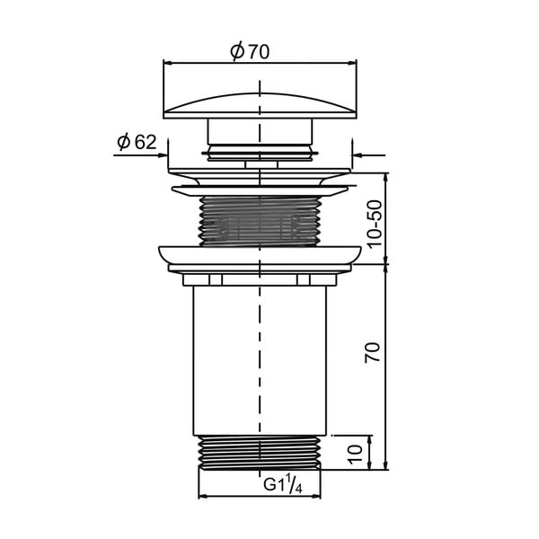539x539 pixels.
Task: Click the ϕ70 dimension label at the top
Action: click(x=249, y=52)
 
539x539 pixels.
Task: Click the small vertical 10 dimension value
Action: click(x=356, y=451)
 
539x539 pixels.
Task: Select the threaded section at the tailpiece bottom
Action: click(x=260, y=453)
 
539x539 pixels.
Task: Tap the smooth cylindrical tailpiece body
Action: click(x=225, y=359)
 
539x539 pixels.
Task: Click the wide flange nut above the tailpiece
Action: click(x=260, y=256)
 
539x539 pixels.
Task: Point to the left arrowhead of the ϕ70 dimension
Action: click(x=167, y=63)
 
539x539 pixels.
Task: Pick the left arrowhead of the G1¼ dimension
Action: click(x=201, y=496)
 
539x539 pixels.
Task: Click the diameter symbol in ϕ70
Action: click(x=236, y=52)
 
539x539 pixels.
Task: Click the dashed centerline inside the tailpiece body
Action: click(x=260, y=359)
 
